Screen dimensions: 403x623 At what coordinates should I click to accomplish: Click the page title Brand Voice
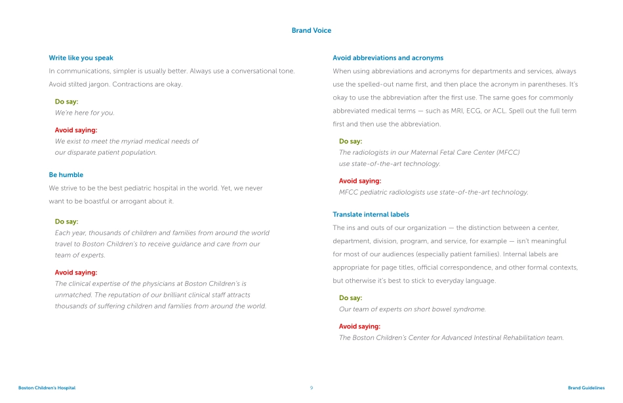(311, 31)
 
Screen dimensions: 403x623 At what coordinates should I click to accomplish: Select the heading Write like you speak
(81, 58)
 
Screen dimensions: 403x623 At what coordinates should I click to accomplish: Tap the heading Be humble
(66, 175)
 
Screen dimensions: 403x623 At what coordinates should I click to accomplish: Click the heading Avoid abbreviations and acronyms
(388, 58)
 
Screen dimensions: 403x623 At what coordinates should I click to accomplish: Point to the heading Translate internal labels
(371, 214)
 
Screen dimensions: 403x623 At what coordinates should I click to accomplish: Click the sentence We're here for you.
(85, 113)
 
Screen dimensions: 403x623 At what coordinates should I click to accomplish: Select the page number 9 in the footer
(311, 388)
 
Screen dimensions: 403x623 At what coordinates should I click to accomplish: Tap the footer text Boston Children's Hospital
(47, 388)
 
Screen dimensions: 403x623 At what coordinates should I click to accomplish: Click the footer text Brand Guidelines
(586, 388)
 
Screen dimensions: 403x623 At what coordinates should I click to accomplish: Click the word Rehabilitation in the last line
(503, 338)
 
